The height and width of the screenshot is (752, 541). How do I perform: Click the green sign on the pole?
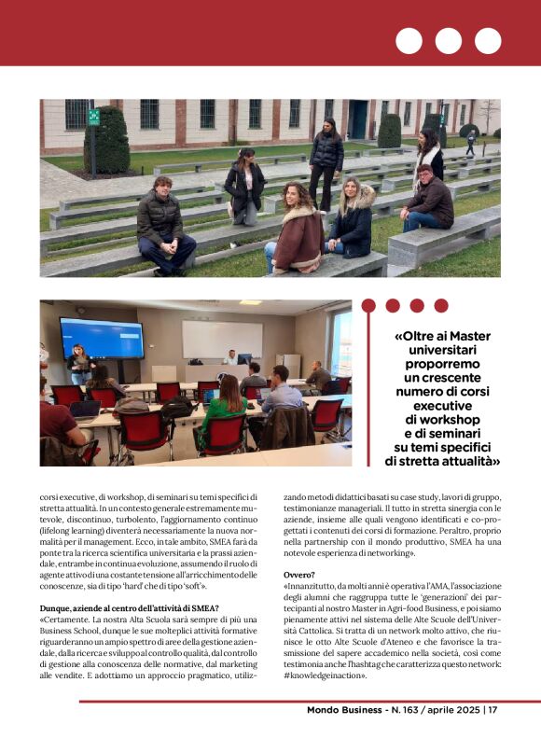point(93,117)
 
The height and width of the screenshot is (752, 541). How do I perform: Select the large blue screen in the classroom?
point(101,338)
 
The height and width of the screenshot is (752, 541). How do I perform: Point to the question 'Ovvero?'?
point(299,576)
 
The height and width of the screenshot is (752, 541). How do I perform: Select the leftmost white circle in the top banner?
point(409,41)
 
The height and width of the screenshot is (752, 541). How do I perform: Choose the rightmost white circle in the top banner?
point(488,41)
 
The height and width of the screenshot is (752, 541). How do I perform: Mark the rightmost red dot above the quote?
point(440,305)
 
